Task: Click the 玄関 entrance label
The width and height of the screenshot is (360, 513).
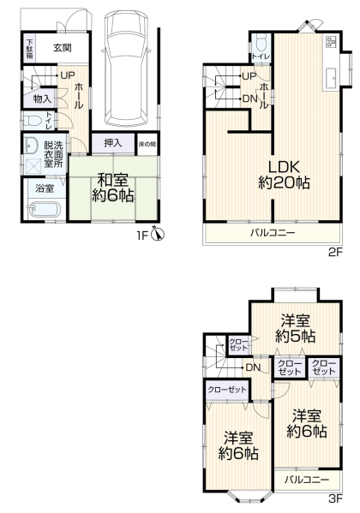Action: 63,48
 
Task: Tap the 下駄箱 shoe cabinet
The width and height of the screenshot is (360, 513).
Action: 29,49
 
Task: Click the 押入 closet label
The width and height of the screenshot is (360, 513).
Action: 113,143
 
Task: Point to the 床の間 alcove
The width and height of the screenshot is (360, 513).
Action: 147,143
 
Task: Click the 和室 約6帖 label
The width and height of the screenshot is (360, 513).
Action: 112,188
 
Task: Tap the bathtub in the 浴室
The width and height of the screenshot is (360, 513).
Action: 45,210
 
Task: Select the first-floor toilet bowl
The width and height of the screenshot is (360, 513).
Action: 32,121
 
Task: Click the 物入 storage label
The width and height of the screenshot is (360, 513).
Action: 42,98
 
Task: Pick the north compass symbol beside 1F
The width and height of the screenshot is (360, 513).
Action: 159,234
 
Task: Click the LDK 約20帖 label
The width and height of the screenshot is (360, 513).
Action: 284,175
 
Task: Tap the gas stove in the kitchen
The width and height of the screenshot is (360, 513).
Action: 331,41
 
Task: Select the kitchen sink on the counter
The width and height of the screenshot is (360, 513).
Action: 331,78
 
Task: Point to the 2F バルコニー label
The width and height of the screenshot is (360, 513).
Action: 273,233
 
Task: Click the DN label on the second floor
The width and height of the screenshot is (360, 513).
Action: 249,98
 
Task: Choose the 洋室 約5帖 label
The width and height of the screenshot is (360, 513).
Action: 296,328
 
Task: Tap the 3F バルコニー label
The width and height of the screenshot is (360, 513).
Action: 307,480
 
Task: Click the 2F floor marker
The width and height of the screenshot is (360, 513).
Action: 335,253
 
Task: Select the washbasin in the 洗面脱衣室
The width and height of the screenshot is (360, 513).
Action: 31,146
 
